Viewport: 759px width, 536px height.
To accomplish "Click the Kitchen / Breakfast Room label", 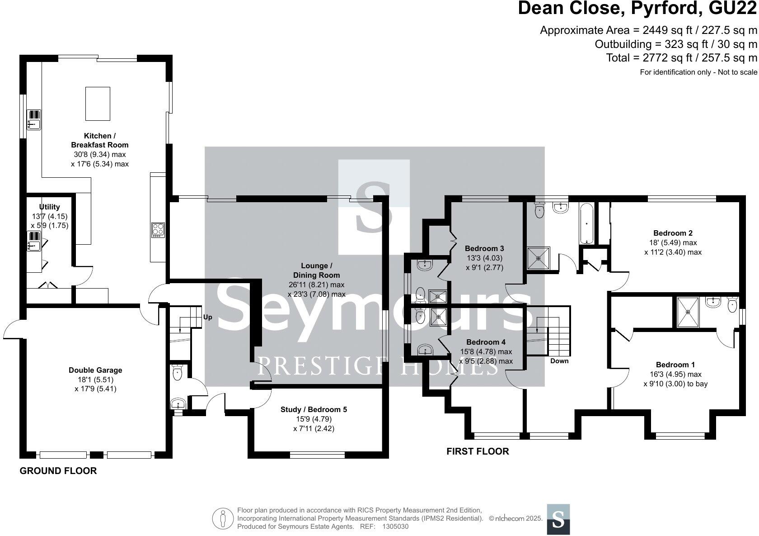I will coord(99,140).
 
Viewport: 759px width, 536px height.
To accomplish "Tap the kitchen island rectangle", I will coord(98,104).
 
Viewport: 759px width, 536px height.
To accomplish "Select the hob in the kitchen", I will coord(158,230).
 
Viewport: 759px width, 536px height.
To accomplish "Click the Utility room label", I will coord(49,207).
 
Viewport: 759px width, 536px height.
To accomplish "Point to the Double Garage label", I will coord(95,370).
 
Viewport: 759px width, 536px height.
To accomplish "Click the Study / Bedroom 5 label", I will coord(314,409).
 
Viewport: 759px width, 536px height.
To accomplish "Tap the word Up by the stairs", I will coord(207,317).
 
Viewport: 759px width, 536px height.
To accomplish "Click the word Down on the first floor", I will coord(559,361).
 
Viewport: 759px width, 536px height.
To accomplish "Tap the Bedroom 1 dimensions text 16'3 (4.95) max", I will coord(675,374).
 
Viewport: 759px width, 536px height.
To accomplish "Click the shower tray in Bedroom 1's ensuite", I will coord(688,312).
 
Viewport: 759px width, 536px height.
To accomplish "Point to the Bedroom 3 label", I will coord(484,248).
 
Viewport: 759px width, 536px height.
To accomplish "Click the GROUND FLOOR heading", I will coord(58,471).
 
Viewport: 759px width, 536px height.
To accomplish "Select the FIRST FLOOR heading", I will coord(478,451).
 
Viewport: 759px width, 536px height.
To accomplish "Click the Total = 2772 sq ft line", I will coord(681,58).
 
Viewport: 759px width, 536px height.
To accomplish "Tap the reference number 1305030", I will coord(395,527).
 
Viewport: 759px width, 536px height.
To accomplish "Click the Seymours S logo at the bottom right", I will coord(558,519).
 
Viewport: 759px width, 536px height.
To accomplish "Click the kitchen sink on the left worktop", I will coord(34,119).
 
